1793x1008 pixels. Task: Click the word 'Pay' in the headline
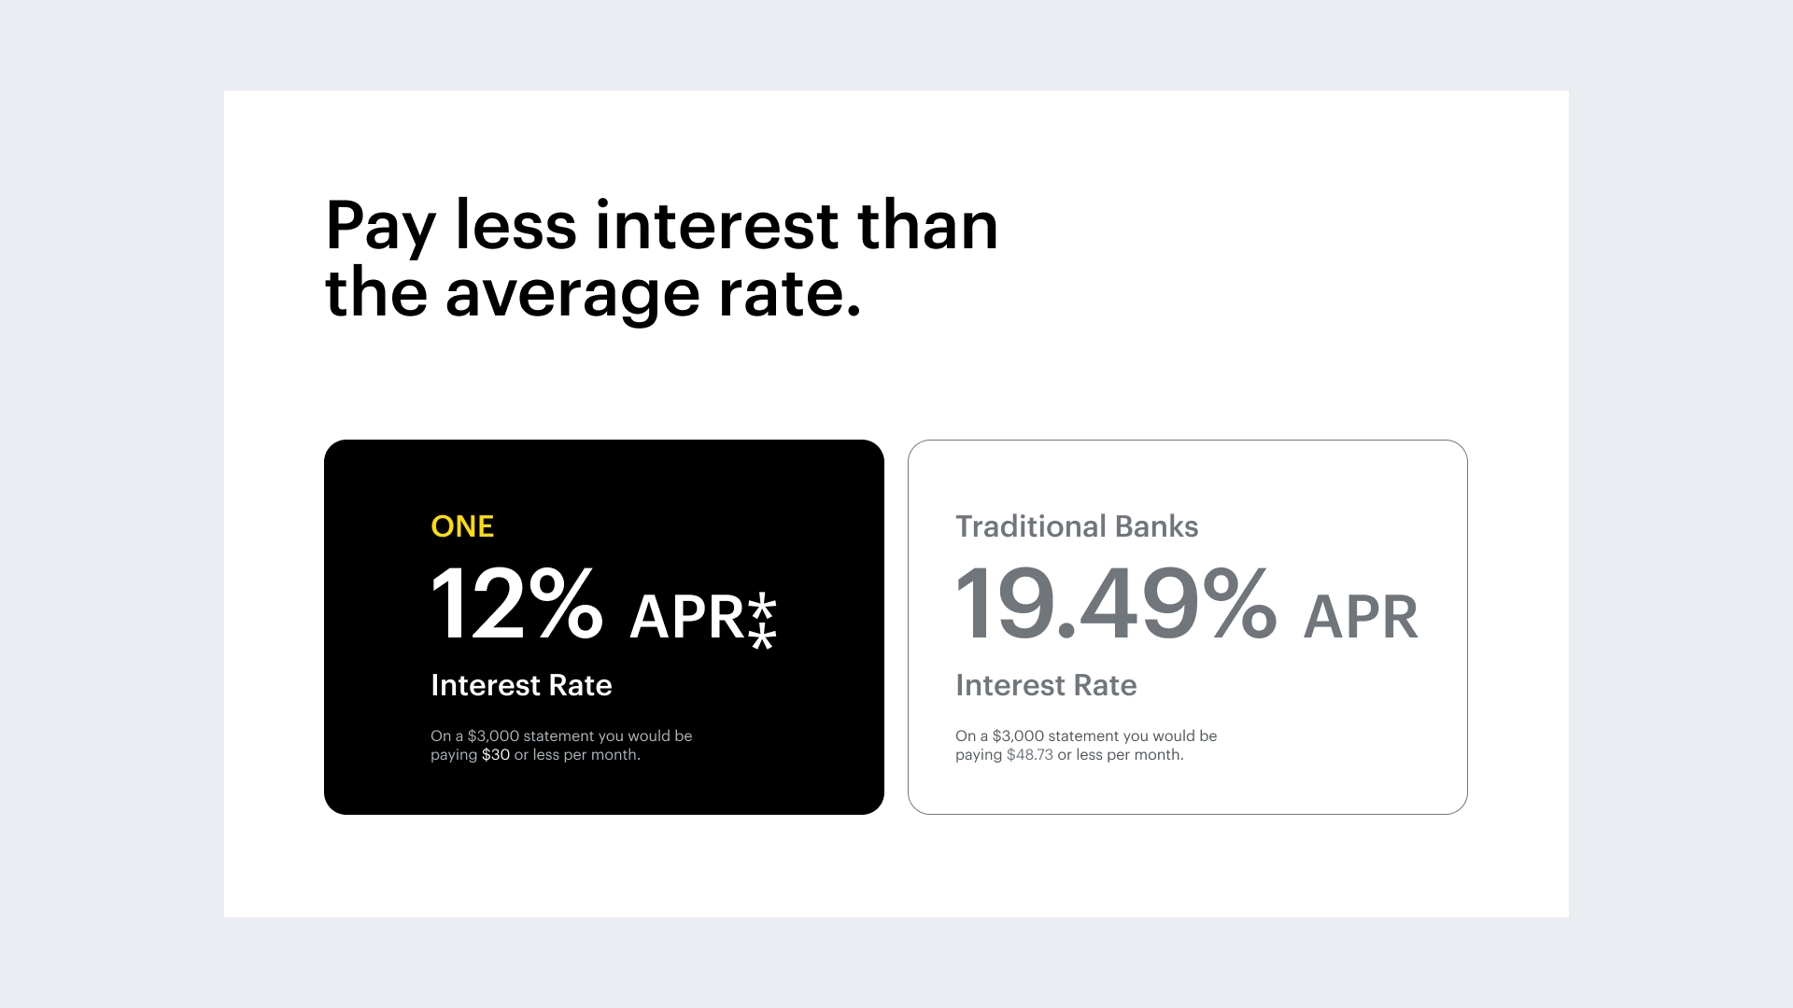[379, 227]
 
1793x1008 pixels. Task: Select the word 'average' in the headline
[572, 294]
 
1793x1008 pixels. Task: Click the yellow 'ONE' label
[462, 526]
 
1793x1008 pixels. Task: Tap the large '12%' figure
[516, 604]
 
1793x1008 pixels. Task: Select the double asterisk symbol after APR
[763, 620]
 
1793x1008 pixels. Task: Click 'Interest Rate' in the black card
[521, 685]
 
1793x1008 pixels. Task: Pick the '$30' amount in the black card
[496, 755]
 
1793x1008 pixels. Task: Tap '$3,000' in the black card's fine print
[493, 736]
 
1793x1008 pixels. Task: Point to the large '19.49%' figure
[1115, 604]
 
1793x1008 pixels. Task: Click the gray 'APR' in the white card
[1361, 617]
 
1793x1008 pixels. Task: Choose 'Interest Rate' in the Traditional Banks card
[1046, 685]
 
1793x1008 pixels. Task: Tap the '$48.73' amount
[1029, 755]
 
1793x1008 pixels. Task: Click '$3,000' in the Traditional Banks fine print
[1018, 736]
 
